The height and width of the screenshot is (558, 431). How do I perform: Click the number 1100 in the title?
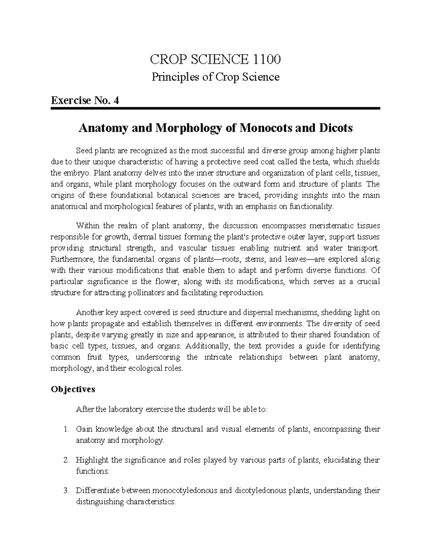click(x=265, y=59)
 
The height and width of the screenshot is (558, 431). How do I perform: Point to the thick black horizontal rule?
click(x=215, y=108)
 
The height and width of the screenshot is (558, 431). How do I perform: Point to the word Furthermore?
click(x=71, y=259)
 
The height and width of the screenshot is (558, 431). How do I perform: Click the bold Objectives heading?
click(x=73, y=389)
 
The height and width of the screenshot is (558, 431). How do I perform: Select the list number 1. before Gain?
click(x=65, y=429)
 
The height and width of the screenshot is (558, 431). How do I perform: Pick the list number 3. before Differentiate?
click(x=65, y=490)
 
